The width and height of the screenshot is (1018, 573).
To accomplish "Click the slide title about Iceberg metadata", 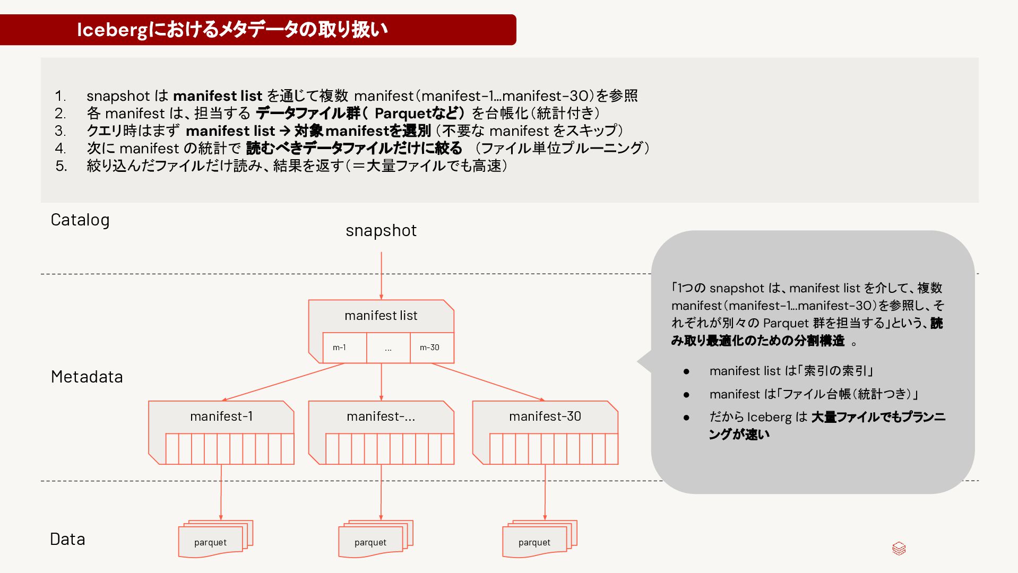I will (232, 30).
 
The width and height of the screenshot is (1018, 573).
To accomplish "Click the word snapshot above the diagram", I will (381, 230).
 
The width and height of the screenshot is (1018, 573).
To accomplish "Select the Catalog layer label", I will (80, 220).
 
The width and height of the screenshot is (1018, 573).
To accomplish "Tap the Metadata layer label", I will (87, 377).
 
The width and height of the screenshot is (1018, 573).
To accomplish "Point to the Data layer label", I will (67, 539).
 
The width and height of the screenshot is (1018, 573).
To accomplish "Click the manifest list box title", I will (381, 316).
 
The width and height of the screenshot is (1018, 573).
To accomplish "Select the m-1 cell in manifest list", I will (339, 348).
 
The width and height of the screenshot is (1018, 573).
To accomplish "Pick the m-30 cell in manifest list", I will (429, 348).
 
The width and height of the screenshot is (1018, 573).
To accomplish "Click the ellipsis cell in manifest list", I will (388, 348).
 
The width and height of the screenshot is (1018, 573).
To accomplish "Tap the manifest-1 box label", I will (221, 416).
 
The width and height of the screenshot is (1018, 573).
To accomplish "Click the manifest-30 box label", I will (545, 416).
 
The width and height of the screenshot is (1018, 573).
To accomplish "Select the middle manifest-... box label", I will (381, 416).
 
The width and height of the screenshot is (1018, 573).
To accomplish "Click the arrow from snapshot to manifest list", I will (381, 276).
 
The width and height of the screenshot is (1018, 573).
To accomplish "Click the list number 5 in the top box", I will (61, 166).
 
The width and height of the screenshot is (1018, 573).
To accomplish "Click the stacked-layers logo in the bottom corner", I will (899, 549).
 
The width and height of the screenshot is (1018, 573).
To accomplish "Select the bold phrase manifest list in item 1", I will (218, 96).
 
